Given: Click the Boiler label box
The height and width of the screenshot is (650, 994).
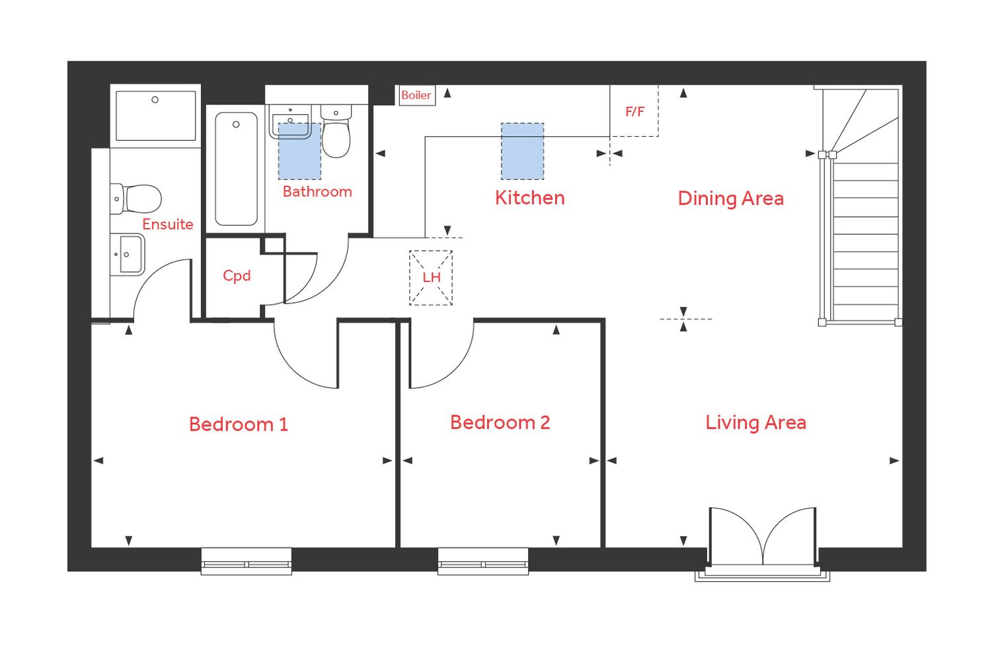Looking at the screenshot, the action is [x=416, y=95].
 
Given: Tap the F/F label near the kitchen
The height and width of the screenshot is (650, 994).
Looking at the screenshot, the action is [x=634, y=112].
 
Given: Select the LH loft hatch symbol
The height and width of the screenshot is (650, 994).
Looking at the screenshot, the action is [x=431, y=278].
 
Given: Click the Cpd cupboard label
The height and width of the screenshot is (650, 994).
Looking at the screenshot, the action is [x=237, y=276].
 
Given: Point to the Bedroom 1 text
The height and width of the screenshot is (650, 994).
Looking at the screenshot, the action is [x=238, y=424].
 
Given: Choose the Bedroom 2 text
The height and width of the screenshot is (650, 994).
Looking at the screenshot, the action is [x=500, y=423].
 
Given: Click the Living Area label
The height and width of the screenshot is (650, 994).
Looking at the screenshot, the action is [x=755, y=423].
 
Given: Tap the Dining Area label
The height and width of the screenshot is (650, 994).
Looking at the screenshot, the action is [x=730, y=198].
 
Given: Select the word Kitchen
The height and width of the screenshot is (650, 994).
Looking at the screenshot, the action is [x=529, y=198].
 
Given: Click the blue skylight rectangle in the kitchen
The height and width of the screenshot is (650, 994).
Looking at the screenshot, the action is [x=522, y=151].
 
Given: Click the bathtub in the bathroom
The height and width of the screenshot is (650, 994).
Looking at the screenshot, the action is [x=236, y=169].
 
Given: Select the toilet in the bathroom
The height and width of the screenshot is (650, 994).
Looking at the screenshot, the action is [x=336, y=132].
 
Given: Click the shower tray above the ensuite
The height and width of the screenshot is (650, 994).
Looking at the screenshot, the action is [x=155, y=116].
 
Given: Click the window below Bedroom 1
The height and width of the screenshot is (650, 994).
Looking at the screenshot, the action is [x=246, y=561].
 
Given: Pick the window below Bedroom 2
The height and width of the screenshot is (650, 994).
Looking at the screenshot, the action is [x=483, y=561].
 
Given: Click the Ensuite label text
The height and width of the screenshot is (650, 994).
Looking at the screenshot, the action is [x=168, y=224].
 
